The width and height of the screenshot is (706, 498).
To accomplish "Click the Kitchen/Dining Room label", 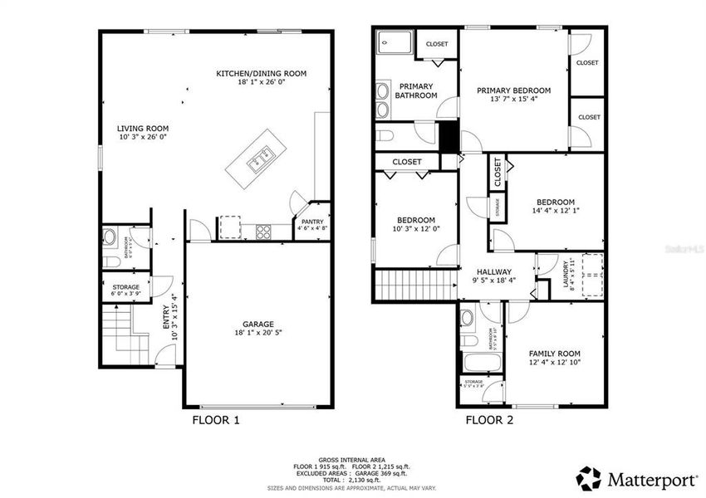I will (261, 74).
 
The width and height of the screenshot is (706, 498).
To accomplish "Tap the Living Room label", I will (143, 129).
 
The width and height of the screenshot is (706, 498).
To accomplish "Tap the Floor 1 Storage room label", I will (126, 287).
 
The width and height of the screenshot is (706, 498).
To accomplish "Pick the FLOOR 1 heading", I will (216, 421).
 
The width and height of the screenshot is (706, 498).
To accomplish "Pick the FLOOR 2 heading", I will (489, 421).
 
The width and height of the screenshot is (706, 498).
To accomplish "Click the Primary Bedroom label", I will (513, 90).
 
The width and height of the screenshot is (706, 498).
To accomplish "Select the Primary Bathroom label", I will (415, 90).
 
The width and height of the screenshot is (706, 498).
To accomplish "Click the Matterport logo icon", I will (589, 478).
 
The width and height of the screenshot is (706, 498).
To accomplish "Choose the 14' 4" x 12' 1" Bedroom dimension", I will (555, 212).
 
